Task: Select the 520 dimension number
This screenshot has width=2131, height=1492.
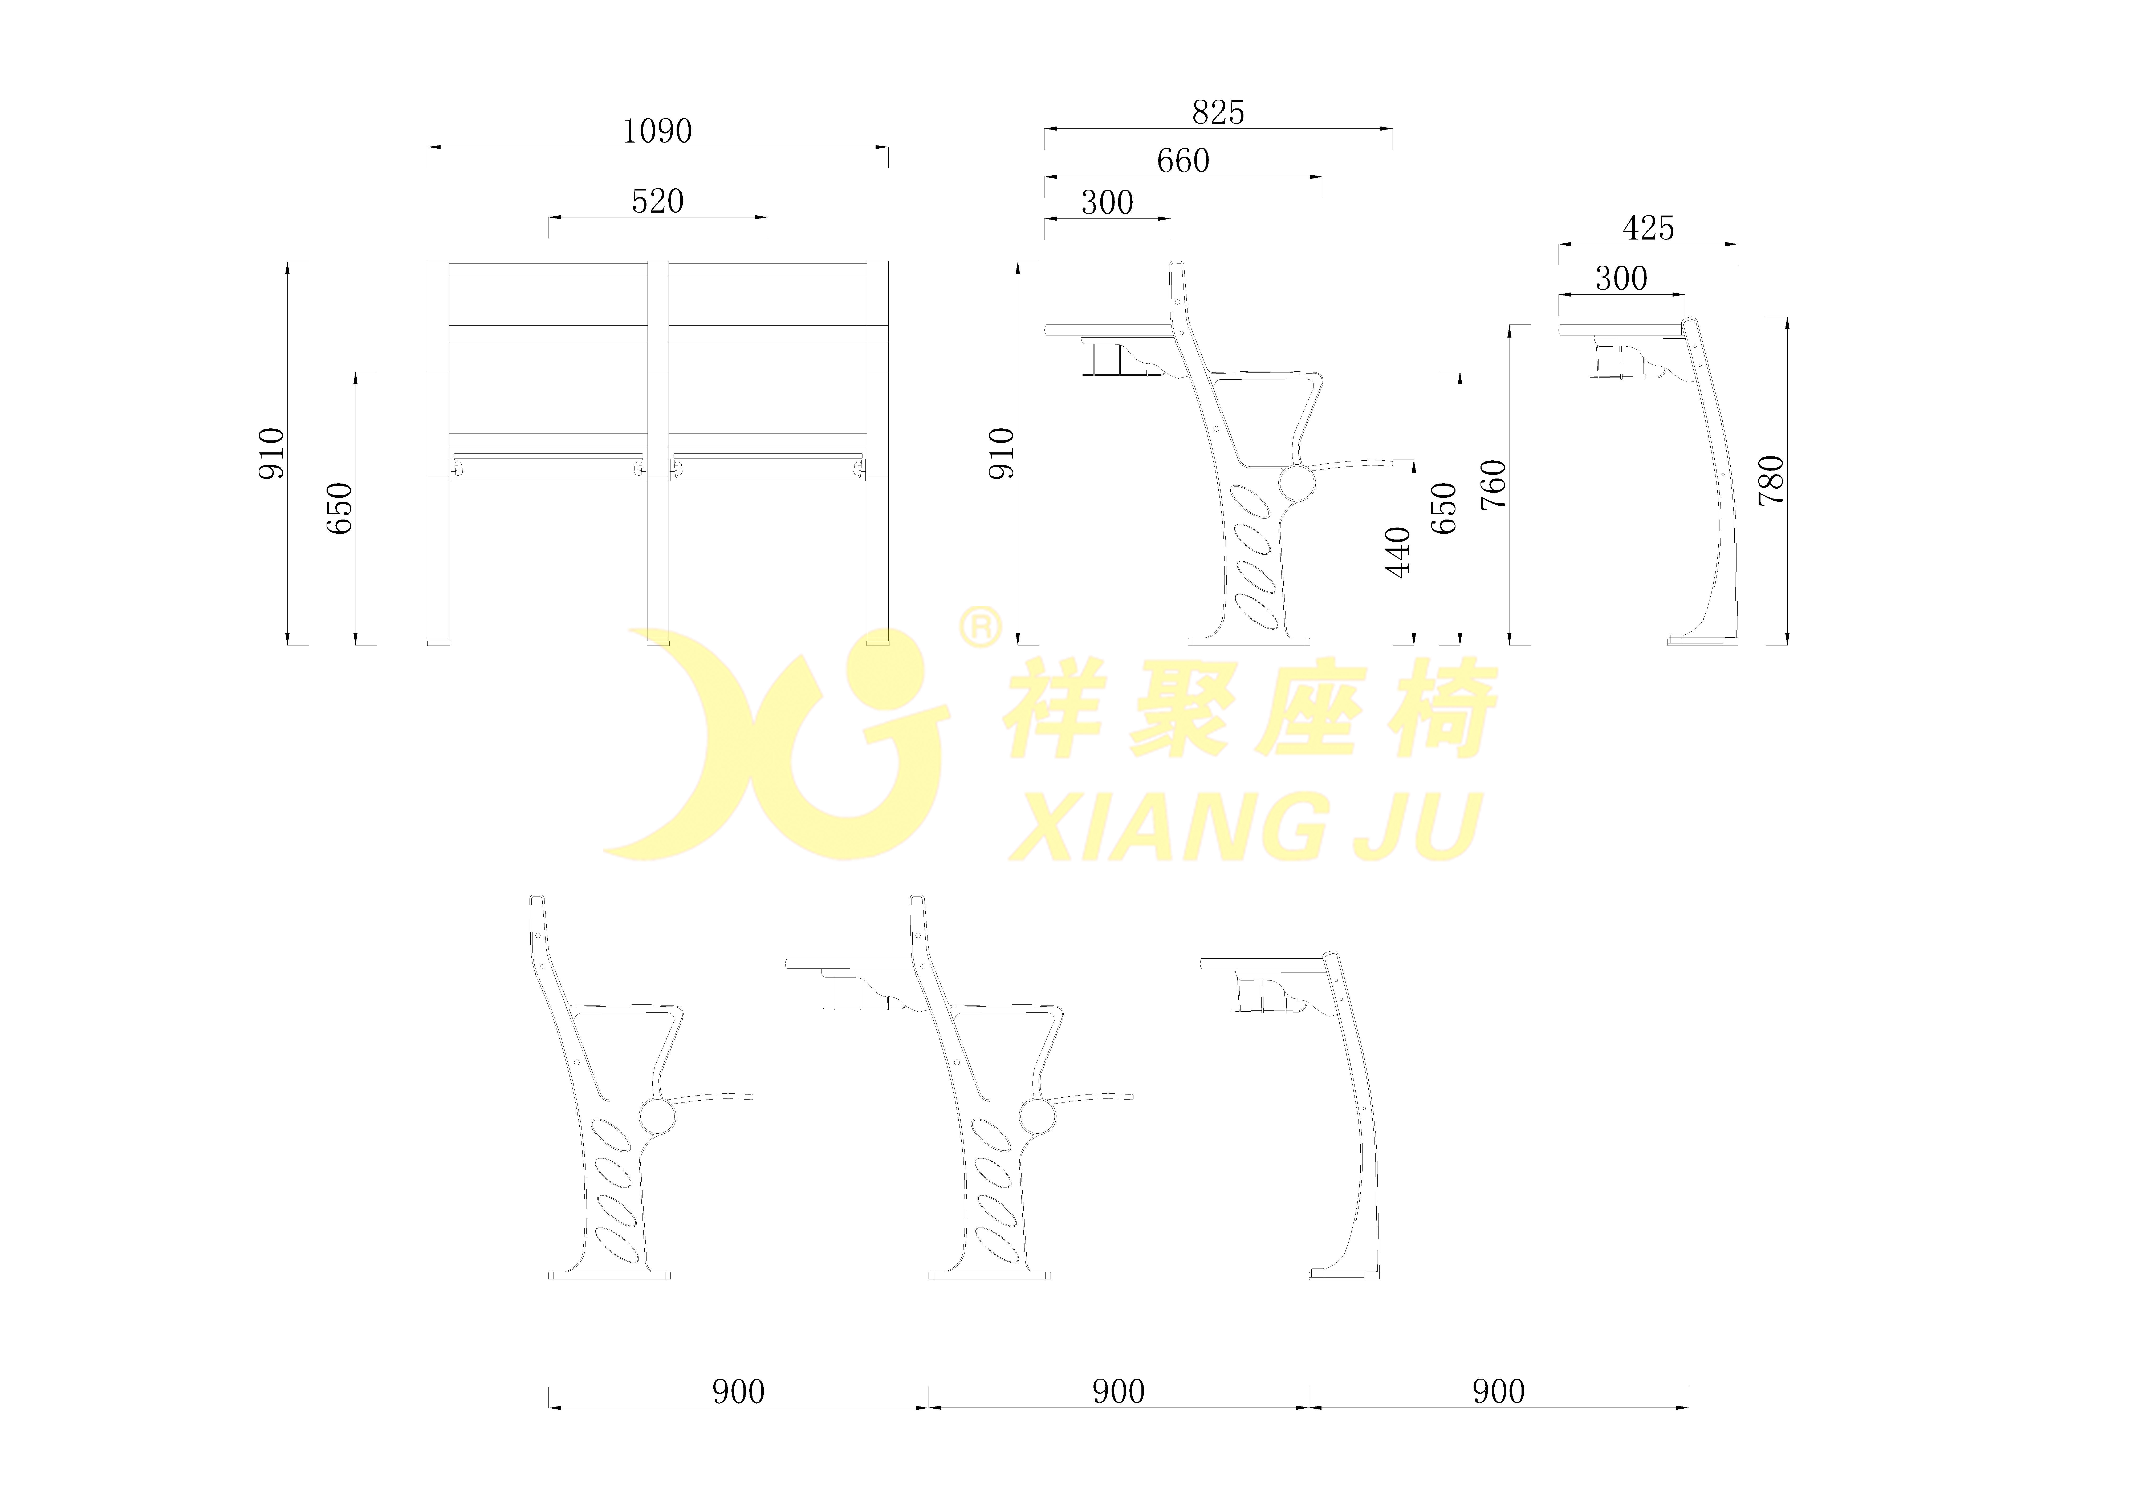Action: coord(657,201)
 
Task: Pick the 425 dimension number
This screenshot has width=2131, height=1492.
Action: coord(1648,228)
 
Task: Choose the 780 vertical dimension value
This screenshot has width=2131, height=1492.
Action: coord(1771,480)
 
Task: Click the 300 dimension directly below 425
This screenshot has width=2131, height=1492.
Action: coord(1621,278)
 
